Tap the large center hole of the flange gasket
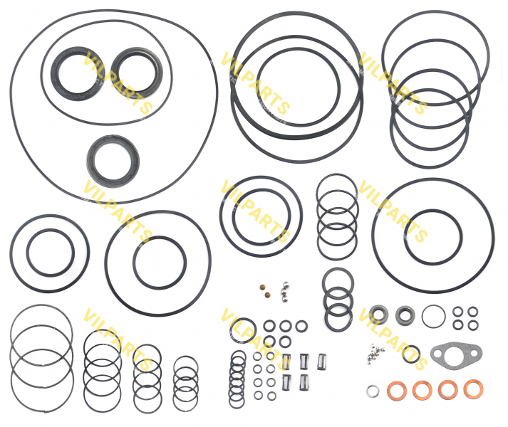(455, 356)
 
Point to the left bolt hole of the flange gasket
(437, 352)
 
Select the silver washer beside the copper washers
(373, 391)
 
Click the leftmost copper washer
(397, 391)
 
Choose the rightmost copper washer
(473, 389)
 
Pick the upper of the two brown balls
(262, 287)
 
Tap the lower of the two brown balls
(268, 295)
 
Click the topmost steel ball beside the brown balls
(286, 284)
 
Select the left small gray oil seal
(378, 314)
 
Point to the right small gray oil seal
(405, 315)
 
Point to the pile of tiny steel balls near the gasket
(376, 354)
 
